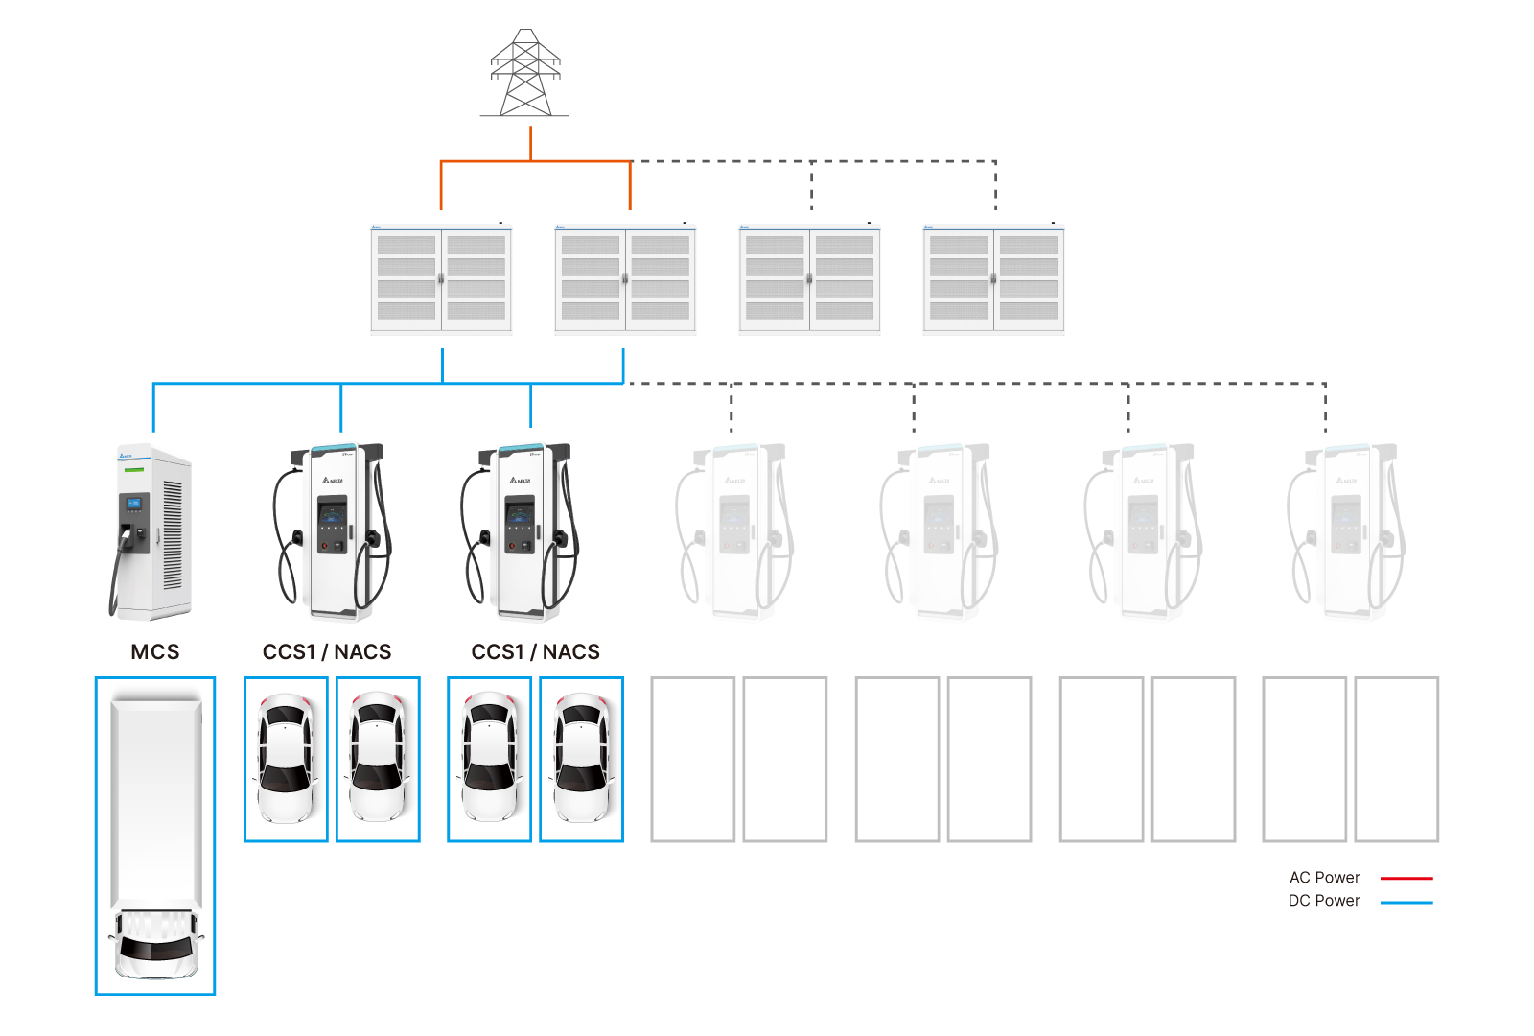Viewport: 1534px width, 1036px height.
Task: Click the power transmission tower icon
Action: [x=524, y=74]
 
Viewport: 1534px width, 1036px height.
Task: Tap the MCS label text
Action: [x=155, y=652]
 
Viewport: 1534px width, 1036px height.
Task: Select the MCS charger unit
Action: [x=153, y=532]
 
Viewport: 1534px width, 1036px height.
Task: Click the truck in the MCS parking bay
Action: [x=155, y=835]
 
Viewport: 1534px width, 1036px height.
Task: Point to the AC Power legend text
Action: [x=1324, y=878]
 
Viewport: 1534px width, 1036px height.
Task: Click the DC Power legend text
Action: [x=1324, y=901]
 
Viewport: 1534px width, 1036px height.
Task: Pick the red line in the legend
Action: [x=1406, y=878]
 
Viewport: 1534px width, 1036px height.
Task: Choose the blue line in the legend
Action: [x=1406, y=902]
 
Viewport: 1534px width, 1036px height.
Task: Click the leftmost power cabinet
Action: [x=441, y=278]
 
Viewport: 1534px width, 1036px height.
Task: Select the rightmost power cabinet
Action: [x=993, y=278]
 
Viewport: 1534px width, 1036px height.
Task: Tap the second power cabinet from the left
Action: [x=625, y=278]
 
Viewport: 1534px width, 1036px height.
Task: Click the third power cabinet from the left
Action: [x=809, y=278]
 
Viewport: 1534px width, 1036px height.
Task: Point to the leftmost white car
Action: [x=286, y=759]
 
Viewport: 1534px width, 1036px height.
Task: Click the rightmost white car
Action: [x=581, y=759]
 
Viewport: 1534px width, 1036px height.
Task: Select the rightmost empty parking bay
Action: [x=1397, y=759]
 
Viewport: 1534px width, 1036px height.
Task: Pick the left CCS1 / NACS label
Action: [x=327, y=652]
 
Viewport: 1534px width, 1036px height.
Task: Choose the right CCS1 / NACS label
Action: [x=535, y=652]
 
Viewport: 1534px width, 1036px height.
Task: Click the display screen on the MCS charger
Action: [x=134, y=503]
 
